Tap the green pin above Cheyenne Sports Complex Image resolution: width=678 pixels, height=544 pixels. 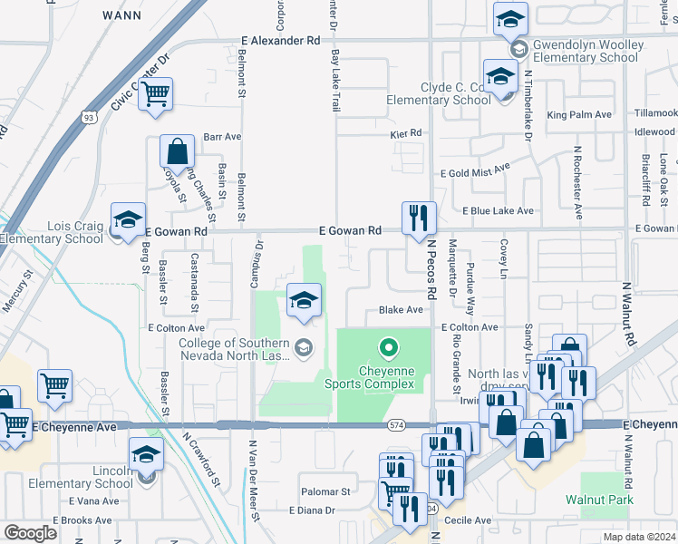pos(389,348)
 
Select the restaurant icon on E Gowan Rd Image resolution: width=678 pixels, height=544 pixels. pos(419,219)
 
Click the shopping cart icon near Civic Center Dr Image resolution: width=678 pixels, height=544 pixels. pos(156,94)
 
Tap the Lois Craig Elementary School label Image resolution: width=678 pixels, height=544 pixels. pos(52,233)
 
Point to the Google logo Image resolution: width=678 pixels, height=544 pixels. pos(30,532)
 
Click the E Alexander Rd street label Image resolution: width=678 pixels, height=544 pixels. pos(281,41)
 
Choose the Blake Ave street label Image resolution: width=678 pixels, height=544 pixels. pos(402,309)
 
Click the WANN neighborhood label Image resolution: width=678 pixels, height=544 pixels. pos(121,15)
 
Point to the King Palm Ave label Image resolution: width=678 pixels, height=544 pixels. pos(580,115)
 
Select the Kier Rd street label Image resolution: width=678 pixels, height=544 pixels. pos(406,132)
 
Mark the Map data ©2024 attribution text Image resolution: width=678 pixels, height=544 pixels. pos(640,536)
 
